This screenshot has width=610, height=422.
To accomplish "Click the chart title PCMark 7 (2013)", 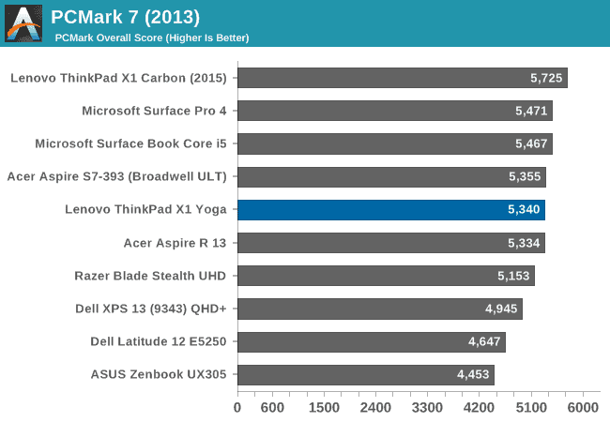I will (125, 16).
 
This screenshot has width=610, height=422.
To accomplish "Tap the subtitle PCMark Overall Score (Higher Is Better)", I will (151, 38).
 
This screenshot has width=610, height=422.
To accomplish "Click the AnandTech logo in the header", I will (23, 23).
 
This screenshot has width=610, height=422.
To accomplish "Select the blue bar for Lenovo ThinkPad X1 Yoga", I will (390, 210).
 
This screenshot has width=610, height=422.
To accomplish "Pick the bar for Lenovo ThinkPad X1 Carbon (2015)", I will (402, 78).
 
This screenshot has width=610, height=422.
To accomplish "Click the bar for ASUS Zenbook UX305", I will (365, 375).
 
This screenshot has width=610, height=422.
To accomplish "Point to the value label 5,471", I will (532, 111).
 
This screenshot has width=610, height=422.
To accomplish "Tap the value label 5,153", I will (514, 276).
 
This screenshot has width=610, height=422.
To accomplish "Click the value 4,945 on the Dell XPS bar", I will (502, 309).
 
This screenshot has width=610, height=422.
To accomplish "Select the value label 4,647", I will (485, 342).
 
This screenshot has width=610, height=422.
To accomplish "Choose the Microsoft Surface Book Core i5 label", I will (136, 143).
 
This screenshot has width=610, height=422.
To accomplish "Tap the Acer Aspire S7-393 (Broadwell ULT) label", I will (122, 176).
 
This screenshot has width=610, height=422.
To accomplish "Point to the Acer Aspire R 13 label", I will (181, 243).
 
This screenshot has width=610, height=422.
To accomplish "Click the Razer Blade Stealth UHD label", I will (156, 276).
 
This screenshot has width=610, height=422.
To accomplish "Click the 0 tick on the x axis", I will (237, 408).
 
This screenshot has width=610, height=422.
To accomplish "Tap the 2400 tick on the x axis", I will (375, 408).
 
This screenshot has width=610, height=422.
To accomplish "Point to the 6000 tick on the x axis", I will (583, 408).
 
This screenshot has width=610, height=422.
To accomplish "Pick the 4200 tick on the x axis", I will (480, 408).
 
